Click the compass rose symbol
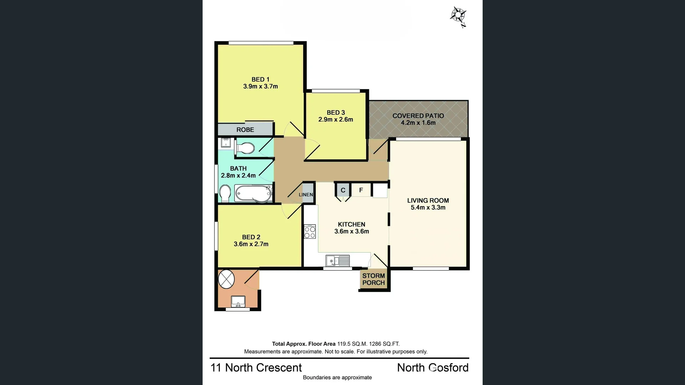point(458,16)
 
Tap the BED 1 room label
point(260,79)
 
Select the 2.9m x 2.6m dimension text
point(336,120)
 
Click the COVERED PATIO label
point(418,116)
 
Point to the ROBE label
point(245,130)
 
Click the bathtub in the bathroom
point(253,194)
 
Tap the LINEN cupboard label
point(306,194)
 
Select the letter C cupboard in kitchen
point(343,190)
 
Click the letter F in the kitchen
point(361,190)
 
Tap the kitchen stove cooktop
point(310,231)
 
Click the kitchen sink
point(338,261)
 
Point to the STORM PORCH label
point(374,279)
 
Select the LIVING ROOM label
point(428,201)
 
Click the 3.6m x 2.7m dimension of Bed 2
point(251,244)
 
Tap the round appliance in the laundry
point(226,279)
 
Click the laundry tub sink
point(238,301)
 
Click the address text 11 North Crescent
point(256,368)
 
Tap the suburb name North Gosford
point(433,368)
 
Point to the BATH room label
point(238,168)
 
